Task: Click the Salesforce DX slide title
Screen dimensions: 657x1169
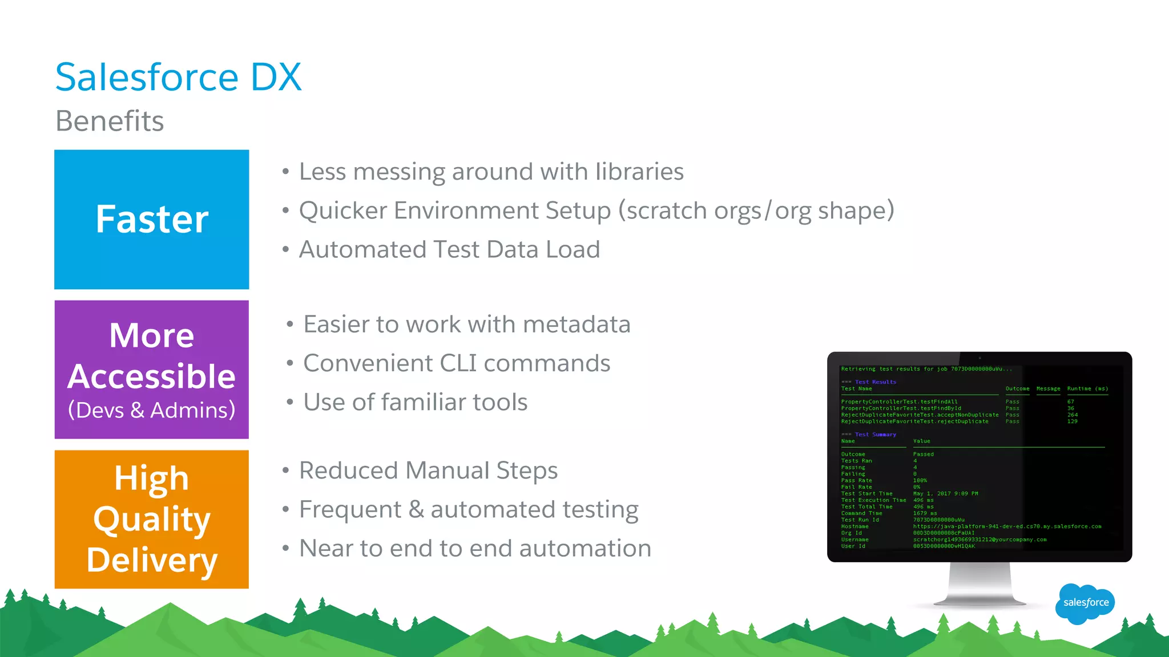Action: click(x=178, y=77)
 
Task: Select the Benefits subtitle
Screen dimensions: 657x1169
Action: click(x=110, y=121)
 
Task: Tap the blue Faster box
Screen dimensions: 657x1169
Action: click(x=152, y=220)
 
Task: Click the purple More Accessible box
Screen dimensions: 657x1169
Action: click(x=152, y=370)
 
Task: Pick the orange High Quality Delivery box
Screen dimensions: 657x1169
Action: click(x=152, y=519)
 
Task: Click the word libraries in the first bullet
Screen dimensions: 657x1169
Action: click(x=639, y=172)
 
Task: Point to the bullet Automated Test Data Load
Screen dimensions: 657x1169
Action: click(x=449, y=250)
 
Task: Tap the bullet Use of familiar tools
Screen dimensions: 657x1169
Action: click(x=415, y=402)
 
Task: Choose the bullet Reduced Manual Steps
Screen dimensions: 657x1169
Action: click(x=428, y=471)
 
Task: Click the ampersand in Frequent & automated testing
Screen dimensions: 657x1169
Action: click(x=416, y=510)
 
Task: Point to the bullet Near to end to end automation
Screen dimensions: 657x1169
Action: click(x=475, y=549)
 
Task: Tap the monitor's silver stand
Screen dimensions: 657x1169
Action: click(x=979, y=585)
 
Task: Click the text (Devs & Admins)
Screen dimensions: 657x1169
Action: click(x=152, y=410)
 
